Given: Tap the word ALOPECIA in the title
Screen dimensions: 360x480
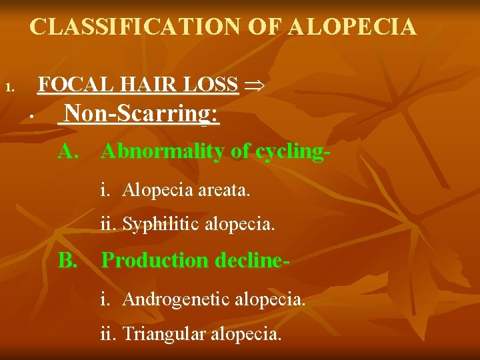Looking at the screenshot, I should [352, 27].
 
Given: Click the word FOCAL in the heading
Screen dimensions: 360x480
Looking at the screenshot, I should [66, 85].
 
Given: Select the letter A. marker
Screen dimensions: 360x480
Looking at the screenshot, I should [69, 151].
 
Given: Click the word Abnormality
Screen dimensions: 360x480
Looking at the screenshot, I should [163, 151].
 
